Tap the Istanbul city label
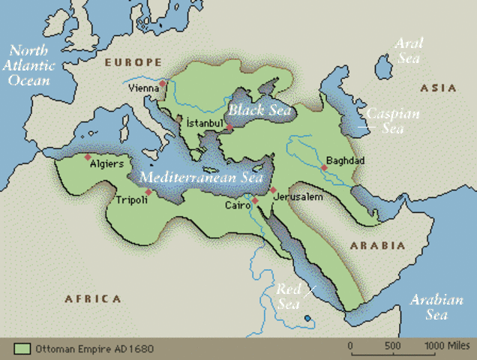(x=204, y=123)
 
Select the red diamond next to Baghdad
(x=323, y=168)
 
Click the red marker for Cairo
(x=255, y=201)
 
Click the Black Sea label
(x=259, y=110)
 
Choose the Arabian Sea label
(x=437, y=307)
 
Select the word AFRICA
(x=92, y=298)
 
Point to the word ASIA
(x=438, y=88)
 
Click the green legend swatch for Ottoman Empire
(x=22, y=349)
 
